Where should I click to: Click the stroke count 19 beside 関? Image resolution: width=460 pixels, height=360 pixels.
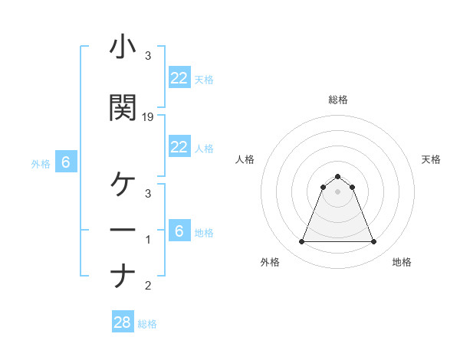(x=149, y=117)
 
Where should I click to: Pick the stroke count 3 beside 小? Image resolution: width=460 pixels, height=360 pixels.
(x=148, y=56)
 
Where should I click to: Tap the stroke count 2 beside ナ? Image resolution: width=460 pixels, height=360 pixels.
(x=148, y=286)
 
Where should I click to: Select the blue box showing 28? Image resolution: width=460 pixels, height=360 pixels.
(x=123, y=322)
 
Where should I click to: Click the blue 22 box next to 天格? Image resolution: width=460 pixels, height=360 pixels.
(x=179, y=78)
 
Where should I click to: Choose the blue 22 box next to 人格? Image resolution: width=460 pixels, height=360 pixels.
(x=179, y=147)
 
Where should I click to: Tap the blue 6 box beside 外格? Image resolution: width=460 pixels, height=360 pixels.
(x=66, y=162)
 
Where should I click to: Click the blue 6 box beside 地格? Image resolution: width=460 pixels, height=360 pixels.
(x=179, y=231)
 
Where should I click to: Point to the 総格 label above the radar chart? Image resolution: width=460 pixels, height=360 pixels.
(x=338, y=100)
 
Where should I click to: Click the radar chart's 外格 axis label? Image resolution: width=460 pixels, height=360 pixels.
(x=270, y=262)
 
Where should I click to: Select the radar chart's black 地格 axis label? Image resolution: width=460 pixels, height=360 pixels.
(x=402, y=262)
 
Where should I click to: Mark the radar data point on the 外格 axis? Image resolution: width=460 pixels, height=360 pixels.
(x=301, y=242)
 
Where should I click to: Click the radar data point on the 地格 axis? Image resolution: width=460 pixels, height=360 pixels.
(x=374, y=242)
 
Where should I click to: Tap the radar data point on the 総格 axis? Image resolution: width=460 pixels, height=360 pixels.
(x=338, y=176)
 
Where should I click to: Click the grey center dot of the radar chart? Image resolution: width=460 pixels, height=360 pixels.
(x=338, y=191)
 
